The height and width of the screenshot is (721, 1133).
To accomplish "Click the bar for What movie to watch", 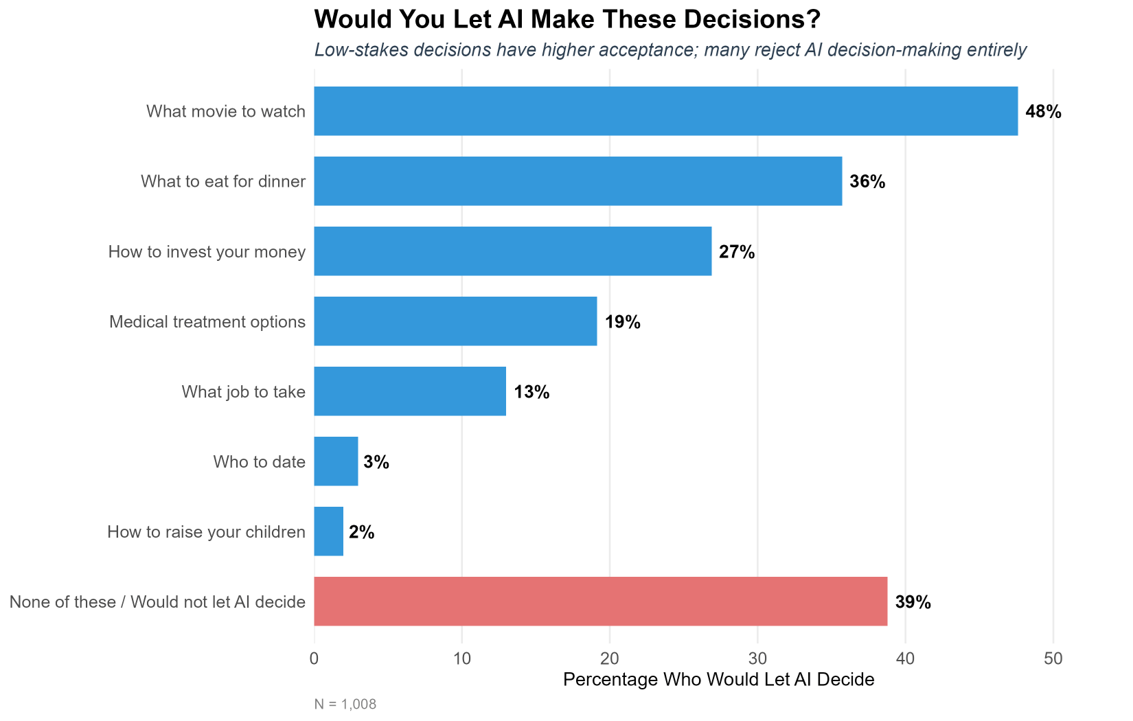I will click(x=665, y=111).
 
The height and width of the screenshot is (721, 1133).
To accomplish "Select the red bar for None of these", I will click(x=600, y=602).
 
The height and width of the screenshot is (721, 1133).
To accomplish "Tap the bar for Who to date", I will click(x=336, y=461).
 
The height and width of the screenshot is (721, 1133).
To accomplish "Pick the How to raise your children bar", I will click(x=328, y=531).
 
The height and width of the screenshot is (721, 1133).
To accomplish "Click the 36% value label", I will click(x=867, y=182).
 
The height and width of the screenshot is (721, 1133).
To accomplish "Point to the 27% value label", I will click(x=737, y=252).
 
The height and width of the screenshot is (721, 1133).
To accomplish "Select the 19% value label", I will click(x=622, y=322).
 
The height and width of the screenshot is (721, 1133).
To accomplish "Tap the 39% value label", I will click(x=913, y=602).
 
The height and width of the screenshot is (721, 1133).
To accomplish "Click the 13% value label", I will click(x=531, y=392).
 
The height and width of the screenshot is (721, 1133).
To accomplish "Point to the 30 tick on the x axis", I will click(x=757, y=659).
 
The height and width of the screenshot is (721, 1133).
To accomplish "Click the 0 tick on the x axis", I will click(x=314, y=659).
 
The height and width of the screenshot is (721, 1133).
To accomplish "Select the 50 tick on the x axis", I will click(x=1053, y=659).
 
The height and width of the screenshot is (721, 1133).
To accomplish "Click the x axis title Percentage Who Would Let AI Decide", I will click(x=718, y=680).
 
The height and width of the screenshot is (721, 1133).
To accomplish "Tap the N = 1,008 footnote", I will click(x=345, y=705).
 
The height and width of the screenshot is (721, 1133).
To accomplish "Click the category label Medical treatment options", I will click(x=207, y=322).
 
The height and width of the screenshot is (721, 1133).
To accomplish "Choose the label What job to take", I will click(x=243, y=392).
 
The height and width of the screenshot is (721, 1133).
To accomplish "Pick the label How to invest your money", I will click(x=207, y=252).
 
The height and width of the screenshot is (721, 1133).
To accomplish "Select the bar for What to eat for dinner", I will click(x=577, y=181).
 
